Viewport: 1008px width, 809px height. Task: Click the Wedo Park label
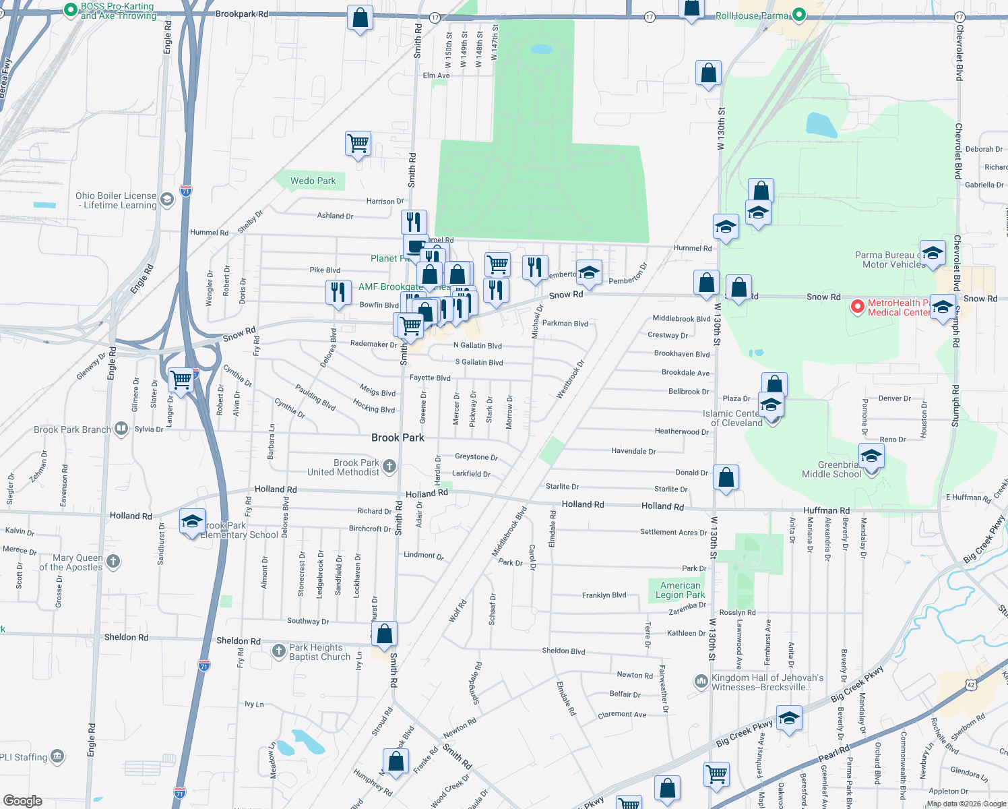[313, 181]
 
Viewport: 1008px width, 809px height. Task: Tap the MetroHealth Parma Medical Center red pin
[858, 307]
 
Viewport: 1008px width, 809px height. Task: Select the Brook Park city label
[398, 438]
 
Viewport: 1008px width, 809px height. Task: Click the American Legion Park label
[681, 590]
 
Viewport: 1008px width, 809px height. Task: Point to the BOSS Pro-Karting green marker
[70, 10]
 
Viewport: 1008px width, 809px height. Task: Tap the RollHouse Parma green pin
[798, 14]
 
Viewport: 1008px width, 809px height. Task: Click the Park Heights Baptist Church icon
[279, 651]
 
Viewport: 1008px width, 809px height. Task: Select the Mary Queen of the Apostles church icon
[113, 561]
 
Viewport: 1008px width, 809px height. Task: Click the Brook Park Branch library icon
[121, 428]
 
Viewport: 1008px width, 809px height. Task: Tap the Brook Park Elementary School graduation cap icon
[192, 521]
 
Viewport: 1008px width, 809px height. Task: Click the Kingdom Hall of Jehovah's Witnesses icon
[701, 682]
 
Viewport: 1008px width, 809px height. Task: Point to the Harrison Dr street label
[385, 201]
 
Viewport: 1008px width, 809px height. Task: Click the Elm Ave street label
[436, 76]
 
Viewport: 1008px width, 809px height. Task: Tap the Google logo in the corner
[22, 800]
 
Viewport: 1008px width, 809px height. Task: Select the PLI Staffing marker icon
[58, 756]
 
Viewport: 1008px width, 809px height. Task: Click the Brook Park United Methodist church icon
[389, 466]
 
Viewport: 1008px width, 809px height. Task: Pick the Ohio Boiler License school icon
[167, 200]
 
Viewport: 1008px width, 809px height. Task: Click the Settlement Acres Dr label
[673, 532]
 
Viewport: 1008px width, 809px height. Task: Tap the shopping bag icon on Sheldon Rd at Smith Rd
[385, 634]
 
